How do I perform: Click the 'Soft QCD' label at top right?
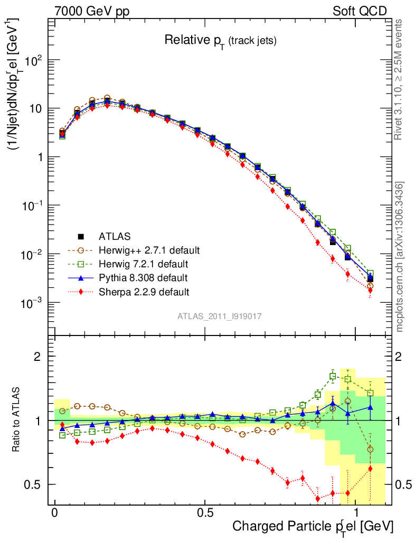[360, 11]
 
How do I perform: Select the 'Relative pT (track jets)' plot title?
[220, 40]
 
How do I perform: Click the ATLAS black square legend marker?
[81, 236]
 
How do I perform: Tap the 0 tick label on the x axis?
[55, 512]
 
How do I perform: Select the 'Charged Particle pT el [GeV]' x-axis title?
[313, 527]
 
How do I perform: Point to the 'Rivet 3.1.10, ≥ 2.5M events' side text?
[400, 79]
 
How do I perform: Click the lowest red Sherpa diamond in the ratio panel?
[318, 498]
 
